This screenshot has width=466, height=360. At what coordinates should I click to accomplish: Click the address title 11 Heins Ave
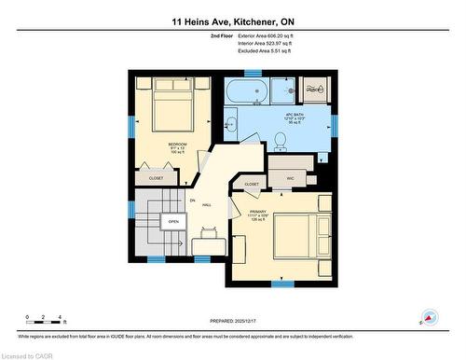pos(232,20)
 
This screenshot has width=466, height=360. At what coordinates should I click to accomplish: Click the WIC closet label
pos(289,175)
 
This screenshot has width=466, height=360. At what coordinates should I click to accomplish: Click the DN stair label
pos(192,201)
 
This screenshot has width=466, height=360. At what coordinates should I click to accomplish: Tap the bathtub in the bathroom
pos(247,91)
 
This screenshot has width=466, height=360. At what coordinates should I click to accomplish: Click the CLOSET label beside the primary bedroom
pos(252,185)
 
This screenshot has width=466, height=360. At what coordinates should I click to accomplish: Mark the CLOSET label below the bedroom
pos(156,177)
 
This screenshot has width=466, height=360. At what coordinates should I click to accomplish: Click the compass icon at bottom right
pos(429,317)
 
